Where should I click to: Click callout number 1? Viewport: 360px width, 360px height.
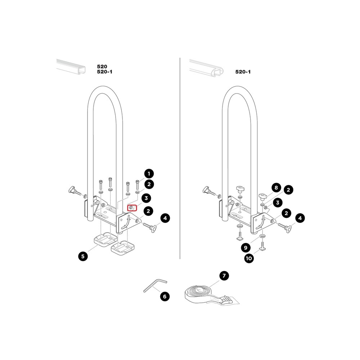tap(149, 173)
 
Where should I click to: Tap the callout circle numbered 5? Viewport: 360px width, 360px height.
tap(83, 256)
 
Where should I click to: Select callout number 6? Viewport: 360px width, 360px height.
tap(165, 297)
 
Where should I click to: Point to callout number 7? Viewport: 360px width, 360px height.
tap(224, 276)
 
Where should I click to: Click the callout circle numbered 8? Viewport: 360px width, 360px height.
tap(276, 188)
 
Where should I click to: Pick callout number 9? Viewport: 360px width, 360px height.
tap(245, 248)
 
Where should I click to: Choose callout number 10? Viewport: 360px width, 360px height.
tap(248, 258)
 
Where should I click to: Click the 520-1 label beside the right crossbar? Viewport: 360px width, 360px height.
tap(243, 72)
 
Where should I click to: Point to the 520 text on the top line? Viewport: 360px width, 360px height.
tap(102, 67)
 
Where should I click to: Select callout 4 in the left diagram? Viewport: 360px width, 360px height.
tap(165, 218)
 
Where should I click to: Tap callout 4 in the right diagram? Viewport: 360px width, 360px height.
tap(299, 218)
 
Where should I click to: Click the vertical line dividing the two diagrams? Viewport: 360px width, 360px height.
tap(180, 158)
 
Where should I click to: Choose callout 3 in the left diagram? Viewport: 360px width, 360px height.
tap(146, 198)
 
